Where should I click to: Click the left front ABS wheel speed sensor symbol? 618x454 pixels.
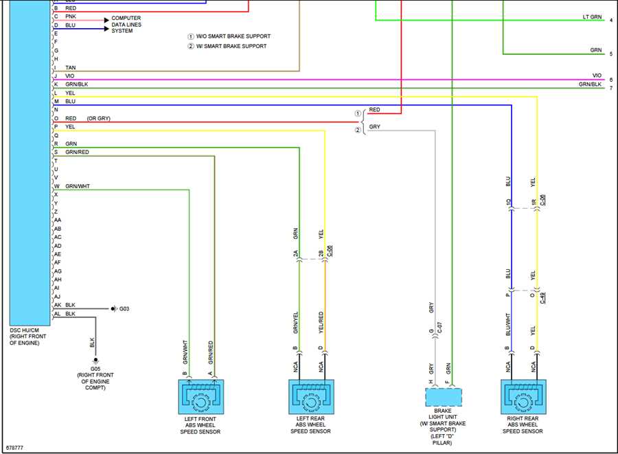click(x=201, y=396)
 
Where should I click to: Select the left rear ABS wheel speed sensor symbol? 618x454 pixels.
click(x=311, y=396)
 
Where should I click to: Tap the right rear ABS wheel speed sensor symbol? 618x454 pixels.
click(x=523, y=396)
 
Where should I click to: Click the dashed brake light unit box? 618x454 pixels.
click(x=444, y=397)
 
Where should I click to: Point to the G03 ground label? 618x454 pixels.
click(x=124, y=308)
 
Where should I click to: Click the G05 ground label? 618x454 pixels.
click(x=95, y=369)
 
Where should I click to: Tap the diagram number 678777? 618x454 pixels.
click(x=14, y=448)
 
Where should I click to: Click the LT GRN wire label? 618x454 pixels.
click(x=592, y=17)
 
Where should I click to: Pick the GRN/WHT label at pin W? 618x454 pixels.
click(x=78, y=186)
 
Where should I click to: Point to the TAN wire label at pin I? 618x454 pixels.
click(x=71, y=68)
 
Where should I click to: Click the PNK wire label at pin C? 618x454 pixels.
click(x=71, y=16)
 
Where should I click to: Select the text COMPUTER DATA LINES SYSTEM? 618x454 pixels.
click(x=126, y=25)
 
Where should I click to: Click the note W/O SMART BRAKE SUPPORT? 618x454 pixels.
click(x=233, y=36)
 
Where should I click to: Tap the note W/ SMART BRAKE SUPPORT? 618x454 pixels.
click(x=231, y=46)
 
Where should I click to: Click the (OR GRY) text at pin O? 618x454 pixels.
click(x=98, y=118)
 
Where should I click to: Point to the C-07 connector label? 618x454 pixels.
click(x=440, y=328)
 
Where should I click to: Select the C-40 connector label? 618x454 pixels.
click(x=542, y=298)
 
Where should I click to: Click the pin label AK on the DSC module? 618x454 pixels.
click(x=58, y=305)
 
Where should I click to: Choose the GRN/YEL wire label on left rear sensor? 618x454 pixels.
click(x=295, y=323)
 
